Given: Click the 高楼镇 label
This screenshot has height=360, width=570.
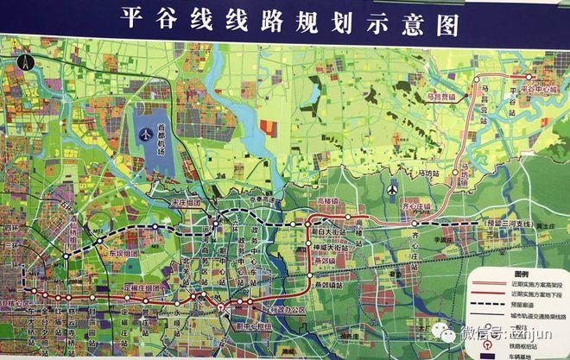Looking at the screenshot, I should [327, 201].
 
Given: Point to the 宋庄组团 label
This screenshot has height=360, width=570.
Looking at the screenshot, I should [186, 203].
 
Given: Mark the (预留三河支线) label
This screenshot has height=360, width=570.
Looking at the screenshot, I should [506, 224].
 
